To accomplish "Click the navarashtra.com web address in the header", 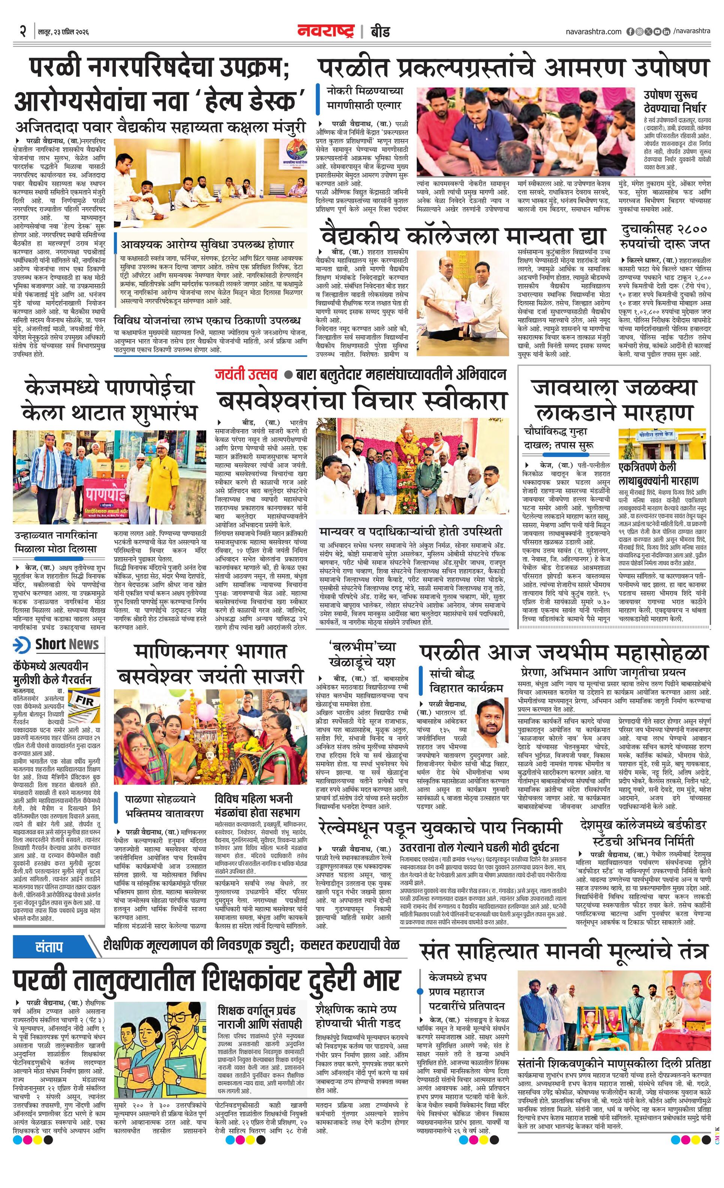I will pyautogui.click(x=593, y=32).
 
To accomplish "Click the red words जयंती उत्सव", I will pyautogui.click(x=247, y=375).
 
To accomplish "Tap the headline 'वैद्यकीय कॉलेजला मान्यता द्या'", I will pyautogui.click(x=463, y=236).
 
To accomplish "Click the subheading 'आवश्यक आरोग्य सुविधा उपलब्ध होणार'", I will pyautogui.click(x=207, y=245).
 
